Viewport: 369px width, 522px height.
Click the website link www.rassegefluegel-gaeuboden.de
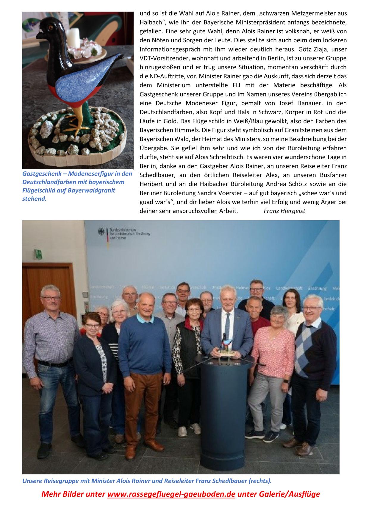point(171,494)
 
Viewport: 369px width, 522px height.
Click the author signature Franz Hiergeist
point(284,211)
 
